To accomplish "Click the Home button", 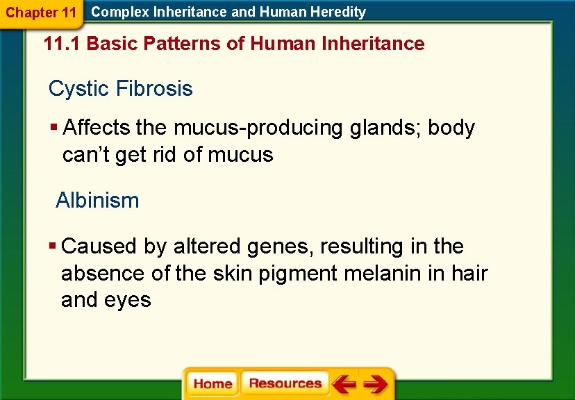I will click(x=212, y=384).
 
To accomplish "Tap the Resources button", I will click(x=285, y=383).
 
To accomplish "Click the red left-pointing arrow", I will click(x=344, y=383).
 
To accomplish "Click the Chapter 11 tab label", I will click(x=41, y=12).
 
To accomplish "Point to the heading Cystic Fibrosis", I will click(x=120, y=89).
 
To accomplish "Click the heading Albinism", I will click(x=97, y=201).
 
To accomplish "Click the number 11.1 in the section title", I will click(x=62, y=44).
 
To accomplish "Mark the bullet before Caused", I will click(x=53, y=247).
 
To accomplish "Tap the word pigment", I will click(x=299, y=274).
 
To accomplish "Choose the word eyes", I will click(x=129, y=300).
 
